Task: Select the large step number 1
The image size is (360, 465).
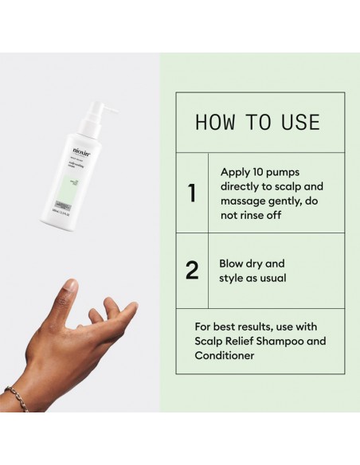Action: pos(192,193)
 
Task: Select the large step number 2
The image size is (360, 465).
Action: pos(192,270)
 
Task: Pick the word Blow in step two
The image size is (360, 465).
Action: pos(233,264)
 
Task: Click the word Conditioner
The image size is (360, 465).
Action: pos(225,356)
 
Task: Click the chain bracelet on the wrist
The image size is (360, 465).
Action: pos(15,396)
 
